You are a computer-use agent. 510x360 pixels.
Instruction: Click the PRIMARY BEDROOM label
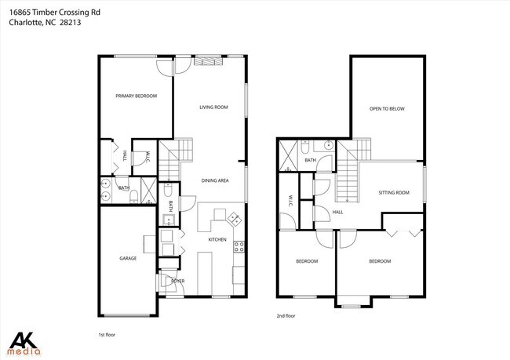(136, 96)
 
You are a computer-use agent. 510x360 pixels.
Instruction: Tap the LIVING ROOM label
(213, 107)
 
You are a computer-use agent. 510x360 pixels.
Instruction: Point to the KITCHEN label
(217, 239)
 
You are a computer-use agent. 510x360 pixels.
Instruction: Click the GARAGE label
(128, 258)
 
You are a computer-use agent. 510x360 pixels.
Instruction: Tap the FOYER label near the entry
(178, 280)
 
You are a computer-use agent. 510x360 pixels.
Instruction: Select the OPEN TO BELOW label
(387, 109)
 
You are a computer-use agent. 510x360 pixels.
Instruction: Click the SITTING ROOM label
(394, 192)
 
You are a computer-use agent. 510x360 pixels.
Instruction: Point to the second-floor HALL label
(337, 212)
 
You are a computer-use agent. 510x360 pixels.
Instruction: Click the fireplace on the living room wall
(208, 60)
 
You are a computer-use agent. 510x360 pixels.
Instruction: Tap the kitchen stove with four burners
(239, 246)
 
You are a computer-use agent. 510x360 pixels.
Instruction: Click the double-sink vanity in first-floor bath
(104, 188)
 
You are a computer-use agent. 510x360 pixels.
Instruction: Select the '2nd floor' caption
(286, 316)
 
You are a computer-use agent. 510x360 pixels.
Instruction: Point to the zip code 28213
(70, 23)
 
